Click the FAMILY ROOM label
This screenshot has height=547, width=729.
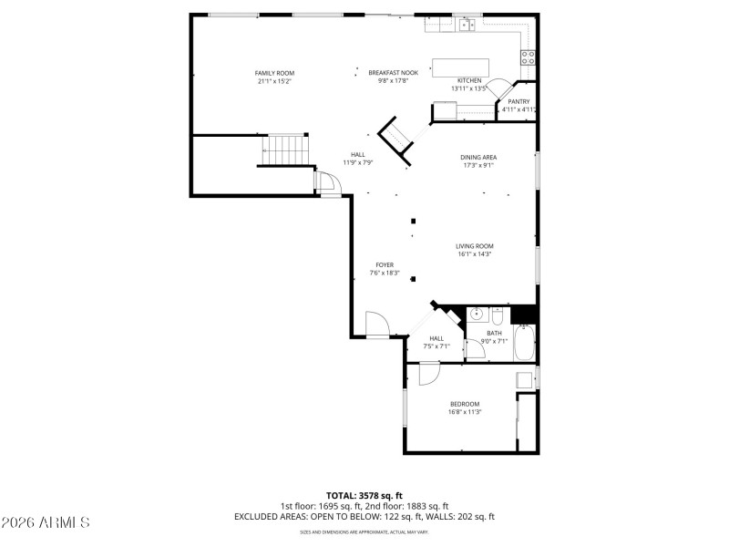[x=274, y=73]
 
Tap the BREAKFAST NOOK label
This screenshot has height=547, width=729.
[x=393, y=73]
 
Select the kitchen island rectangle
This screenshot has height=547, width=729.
[x=460, y=68]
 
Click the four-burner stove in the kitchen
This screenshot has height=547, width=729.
[x=528, y=59]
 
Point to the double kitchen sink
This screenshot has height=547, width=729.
[x=467, y=26]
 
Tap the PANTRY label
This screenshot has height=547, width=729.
[x=519, y=101]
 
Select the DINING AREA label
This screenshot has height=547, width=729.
[x=477, y=157]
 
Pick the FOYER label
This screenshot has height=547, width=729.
[x=385, y=264]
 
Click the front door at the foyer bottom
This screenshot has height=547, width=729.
[x=377, y=325]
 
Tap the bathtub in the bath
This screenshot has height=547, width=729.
[x=525, y=345]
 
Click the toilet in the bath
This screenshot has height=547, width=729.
[x=498, y=316]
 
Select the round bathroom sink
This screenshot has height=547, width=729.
[x=476, y=315]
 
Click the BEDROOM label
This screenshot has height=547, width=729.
[x=464, y=404]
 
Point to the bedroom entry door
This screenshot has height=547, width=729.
[x=428, y=374]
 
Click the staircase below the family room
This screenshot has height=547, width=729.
[x=287, y=150]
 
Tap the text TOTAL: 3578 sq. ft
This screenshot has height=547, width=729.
[x=364, y=495]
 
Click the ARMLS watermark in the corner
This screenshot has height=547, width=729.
[x=46, y=523]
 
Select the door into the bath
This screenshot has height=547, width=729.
[x=476, y=349]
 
